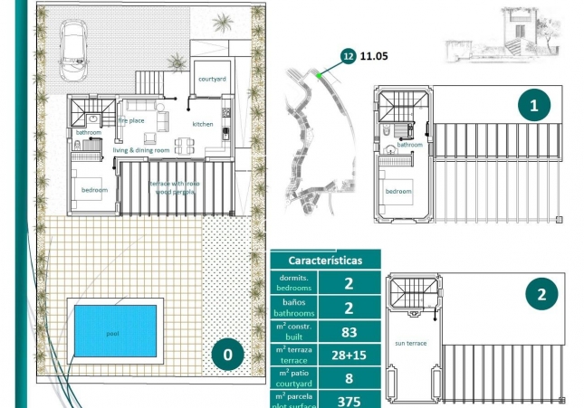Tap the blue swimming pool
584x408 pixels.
[112, 333]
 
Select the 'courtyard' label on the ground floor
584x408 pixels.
[211, 80]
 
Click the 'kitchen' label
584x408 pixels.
[204, 124]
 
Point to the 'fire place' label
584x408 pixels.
[131, 119]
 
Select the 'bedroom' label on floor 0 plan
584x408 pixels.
[94, 190]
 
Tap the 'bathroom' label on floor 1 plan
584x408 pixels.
[410, 145]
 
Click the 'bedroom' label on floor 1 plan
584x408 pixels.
[397, 192]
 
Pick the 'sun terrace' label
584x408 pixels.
[410, 344]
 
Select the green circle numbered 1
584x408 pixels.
[533, 105]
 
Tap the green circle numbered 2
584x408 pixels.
[541, 293]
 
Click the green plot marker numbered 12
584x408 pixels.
[347, 56]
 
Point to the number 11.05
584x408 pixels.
[374, 56]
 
